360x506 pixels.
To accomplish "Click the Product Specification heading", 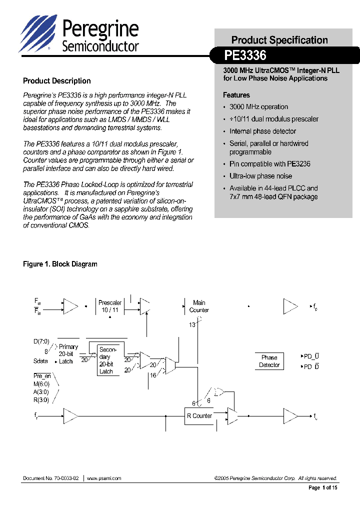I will (279, 40).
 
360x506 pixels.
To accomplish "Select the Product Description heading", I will (57, 81).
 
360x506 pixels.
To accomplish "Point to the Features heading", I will (236, 95).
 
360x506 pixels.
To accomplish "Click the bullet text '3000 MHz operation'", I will (258, 107).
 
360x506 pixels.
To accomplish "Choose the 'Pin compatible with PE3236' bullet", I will (269, 164).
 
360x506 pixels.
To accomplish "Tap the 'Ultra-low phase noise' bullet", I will (260, 176).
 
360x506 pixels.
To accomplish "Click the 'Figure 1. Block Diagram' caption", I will (60, 264).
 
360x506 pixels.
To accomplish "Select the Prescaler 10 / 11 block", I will (110, 306).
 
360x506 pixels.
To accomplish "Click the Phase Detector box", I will (269, 361).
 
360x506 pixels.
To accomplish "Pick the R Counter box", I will (199, 416).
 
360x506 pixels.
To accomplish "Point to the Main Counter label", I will (199, 306).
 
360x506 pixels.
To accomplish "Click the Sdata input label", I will (41, 361).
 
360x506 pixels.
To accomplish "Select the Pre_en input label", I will (42, 376).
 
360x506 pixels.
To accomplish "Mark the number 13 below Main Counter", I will (191, 325).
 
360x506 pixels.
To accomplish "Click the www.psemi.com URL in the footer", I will (104, 478).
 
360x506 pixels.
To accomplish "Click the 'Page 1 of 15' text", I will (322, 487).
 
